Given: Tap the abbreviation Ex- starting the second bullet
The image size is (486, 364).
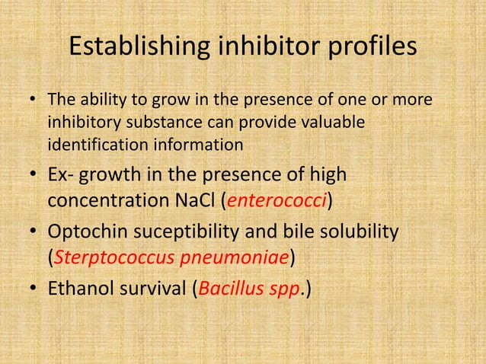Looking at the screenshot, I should click(x=64, y=175).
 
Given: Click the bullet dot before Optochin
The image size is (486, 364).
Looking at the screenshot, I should click(x=34, y=231).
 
